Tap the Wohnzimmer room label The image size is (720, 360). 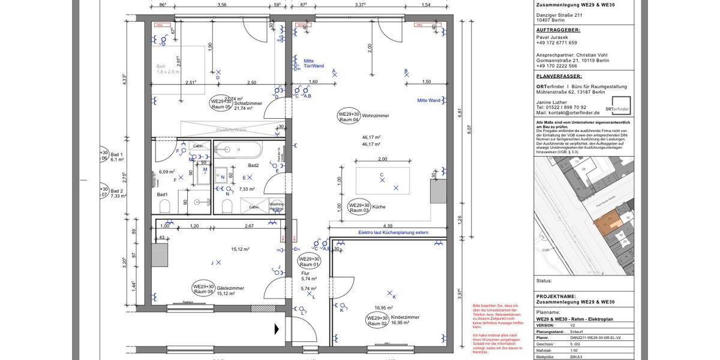(376, 115)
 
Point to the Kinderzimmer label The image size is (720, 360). (405, 317)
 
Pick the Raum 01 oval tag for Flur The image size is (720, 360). (310, 262)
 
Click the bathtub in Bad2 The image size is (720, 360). (238, 149)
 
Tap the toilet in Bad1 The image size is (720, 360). (165, 206)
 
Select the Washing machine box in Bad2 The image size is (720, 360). (277, 205)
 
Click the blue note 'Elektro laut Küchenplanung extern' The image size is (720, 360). (394, 232)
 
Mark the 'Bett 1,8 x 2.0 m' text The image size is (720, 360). (167, 69)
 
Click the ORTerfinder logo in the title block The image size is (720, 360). (617, 109)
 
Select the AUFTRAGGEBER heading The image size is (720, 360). (558, 29)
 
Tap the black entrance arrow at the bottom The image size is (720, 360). (277, 329)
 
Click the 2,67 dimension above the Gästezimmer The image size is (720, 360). (249, 226)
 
